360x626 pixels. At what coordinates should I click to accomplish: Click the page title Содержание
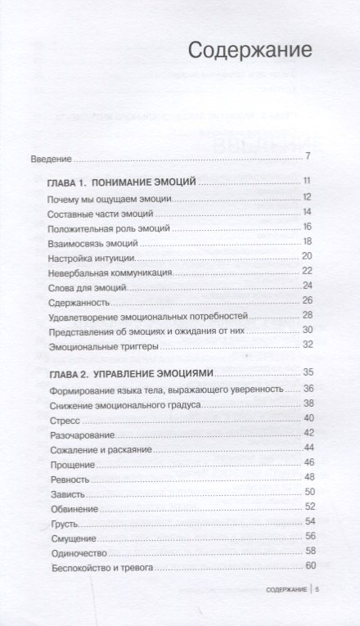click(x=250, y=52)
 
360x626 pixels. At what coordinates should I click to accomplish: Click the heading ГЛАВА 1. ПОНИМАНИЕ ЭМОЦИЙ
click(x=124, y=183)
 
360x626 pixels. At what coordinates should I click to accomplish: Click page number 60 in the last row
click(x=309, y=565)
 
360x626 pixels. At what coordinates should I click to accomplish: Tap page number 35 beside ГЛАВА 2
click(x=308, y=372)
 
